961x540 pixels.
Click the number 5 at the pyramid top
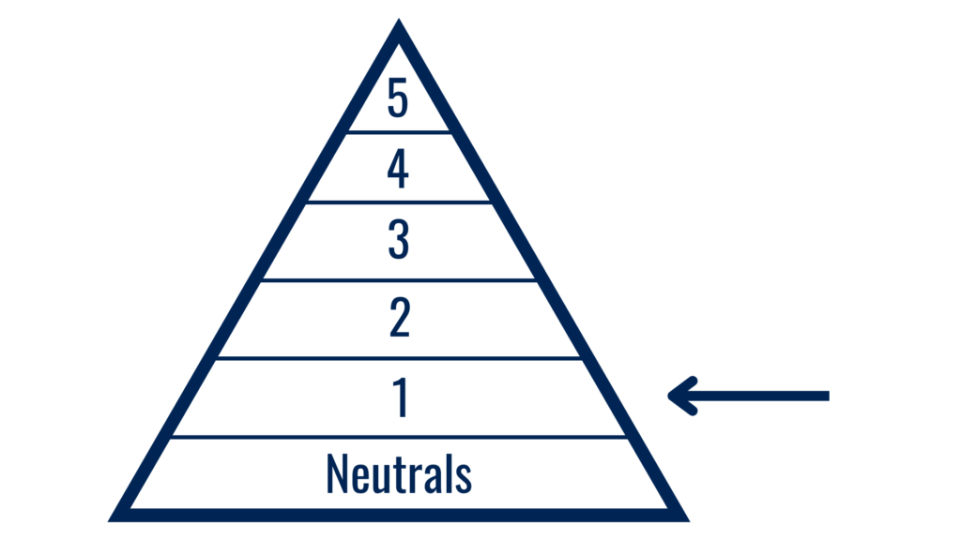pyautogui.click(x=398, y=97)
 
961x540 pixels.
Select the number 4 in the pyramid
pyautogui.click(x=398, y=169)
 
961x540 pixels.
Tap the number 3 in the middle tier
pyautogui.click(x=398, y=239)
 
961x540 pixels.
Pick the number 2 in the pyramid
pyautogui.click(x=400, y=318)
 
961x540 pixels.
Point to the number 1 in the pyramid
pyautogui.click(x=401, y=397)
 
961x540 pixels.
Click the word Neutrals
pyautogui.click(x=399, y=473)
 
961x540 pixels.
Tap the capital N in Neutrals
pyautogui.click(x=337, y=473)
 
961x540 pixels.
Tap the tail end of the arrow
pyautogui.click(x=829, y=397)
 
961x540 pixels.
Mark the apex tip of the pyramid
pyautogui.click(x=399, y=19)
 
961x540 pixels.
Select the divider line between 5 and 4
pyautogui.click(x=399, y=132)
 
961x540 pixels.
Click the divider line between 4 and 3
pyautogui.click(x=399, y=202)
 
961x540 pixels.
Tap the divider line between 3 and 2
pyautogui.click(x=399, y=280)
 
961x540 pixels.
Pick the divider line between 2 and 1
pyautogui.click(x=399, y=358)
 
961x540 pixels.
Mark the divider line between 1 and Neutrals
pyautogui.click(x=399, y=437)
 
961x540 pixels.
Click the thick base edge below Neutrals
pyautogui.click(x=399, y=516)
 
